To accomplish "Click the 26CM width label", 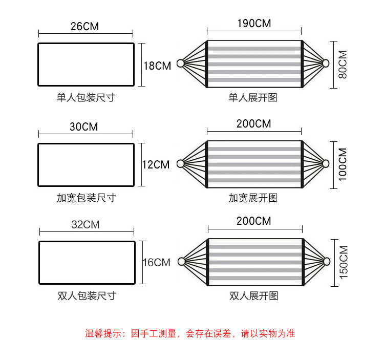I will (x=85, y=26).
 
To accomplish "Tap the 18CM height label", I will (x=157, y=66).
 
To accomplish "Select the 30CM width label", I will (x=83, y=126).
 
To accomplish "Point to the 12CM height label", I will (x=156, y=164).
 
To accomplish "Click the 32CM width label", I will (x=86, y=224).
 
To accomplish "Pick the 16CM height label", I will (x=156, y=262).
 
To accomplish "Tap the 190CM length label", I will (x=254, y=24).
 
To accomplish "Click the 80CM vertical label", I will (x=343, y=64).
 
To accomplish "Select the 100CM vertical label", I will (x=343, y=164).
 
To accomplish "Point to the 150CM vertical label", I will (x=343, y=262).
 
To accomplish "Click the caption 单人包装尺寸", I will (x=86, y=97).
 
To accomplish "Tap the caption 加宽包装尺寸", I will (x=86, y=197).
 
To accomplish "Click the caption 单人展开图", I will (x=253, y=97).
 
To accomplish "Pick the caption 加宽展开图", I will (x=253, y=197).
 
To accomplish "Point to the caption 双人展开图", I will (x=254, y=295).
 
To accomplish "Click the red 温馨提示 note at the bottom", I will (x=190, y=333).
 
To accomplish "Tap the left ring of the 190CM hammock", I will (x=180, y=63).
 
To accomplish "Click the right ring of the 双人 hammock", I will (x=326, y=262).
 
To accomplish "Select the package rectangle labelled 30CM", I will (x=86, y=165).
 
